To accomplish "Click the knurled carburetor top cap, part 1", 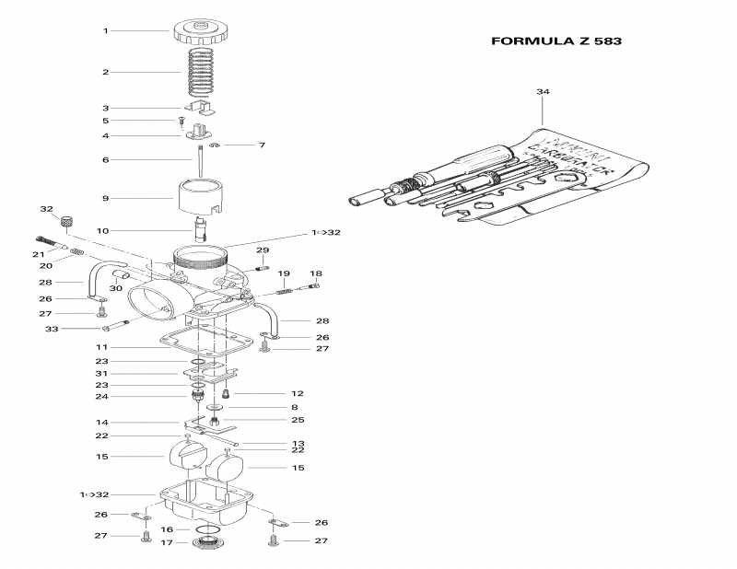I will [198, 32].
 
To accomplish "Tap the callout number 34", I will [543, 92].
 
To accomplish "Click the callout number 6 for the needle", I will [105, 159].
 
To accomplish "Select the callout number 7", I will [262, 145].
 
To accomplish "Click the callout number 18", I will [316, 273].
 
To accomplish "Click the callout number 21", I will [39, 254].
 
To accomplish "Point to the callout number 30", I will [116, 288].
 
